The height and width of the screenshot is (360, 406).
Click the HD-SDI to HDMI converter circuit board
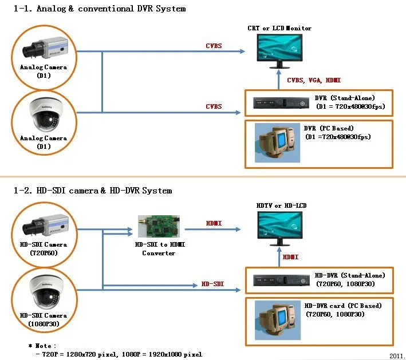click(x=158, y=227)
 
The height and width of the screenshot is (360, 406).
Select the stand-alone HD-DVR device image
click(x=277, y=281)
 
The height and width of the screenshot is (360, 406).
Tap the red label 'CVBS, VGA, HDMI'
click(x=309, y=81)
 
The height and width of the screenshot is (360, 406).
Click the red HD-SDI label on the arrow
click(x=212, y=284)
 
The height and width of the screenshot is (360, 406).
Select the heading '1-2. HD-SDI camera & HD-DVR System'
click(x=92, y=190)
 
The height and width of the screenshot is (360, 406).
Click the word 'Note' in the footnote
click(x=44, y=346)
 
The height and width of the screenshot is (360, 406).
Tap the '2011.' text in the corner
click(x=397, y=355)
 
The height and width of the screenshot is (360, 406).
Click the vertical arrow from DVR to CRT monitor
click(x=281, y=80)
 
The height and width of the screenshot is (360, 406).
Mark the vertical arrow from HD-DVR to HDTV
click(x=281, y=258)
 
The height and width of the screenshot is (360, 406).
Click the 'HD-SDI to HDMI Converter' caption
click(x=159, y=249)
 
